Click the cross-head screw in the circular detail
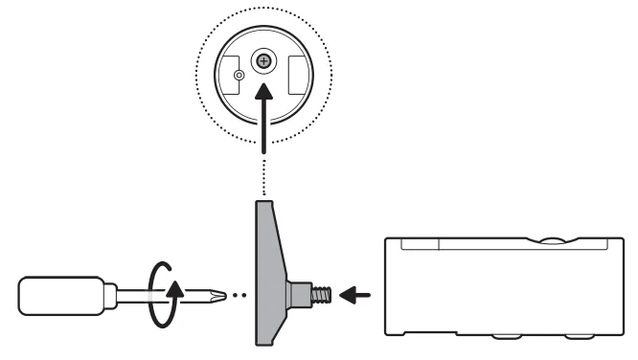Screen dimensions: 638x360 point(262,62)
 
